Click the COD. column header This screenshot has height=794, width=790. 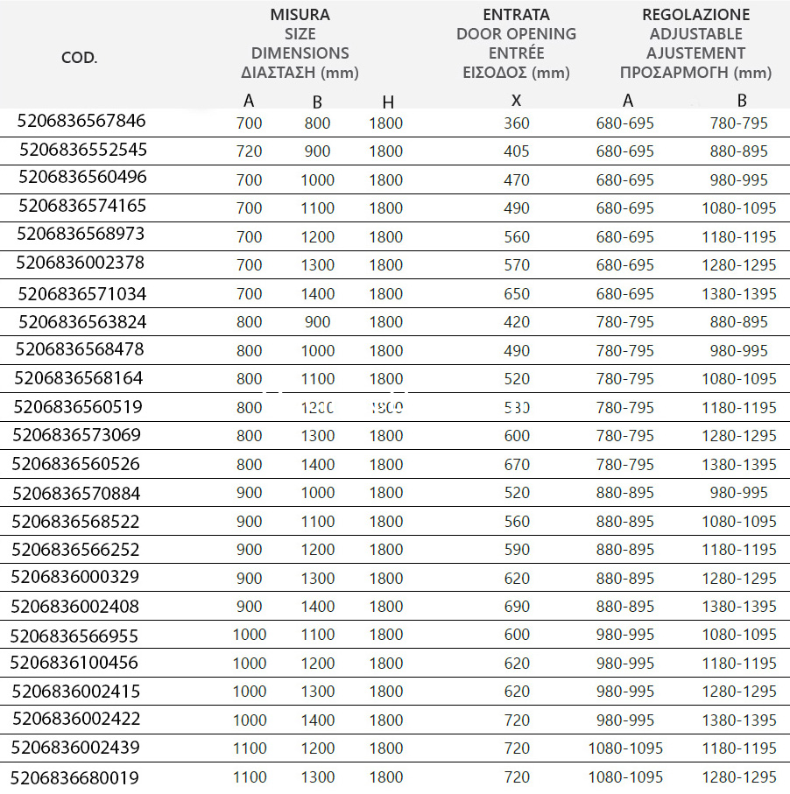pyautogui.click(x=79, y=59)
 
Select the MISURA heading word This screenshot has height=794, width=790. pyautogui.click(x=300, y=15)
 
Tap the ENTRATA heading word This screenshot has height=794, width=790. pyautogui.click(x=516, y=15)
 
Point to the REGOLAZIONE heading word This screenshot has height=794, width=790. pyautogui.click(x=695, y=15)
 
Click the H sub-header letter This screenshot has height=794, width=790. pyautogui.click(x=387, y=102)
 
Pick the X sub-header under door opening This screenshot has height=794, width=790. pyautogui.click(x=517, y=101)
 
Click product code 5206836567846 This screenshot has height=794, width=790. pyautogui.click(x=81, y=121)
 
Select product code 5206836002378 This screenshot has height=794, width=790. pyautogui.click(x=81, y=263)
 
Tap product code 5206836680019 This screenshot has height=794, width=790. pyautogui.click(x=75, y=776)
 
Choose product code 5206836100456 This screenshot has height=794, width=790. pyautogui.click(x=74, y=662)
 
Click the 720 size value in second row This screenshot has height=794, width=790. pyautogui.click(x=249, y=151)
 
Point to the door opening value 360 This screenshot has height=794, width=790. pyautogui.click(x=517, y=123)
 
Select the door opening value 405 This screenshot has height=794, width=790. pyautogui.click(x=517, y=151)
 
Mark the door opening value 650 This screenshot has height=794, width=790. pyautogui.click(x=517, y=294)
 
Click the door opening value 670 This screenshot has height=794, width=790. pyautogui.click(x=517, y=465)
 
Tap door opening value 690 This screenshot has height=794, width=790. pyautogui.click(x=517, y=607)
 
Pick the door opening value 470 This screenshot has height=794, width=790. pyautogui.click(x=517, y=180)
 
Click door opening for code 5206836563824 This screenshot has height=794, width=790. pyautogui.click(x=517, y=322)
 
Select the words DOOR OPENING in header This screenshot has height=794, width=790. pyautogui.click(x=516, y=34)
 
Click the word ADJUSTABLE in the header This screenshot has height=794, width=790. pyautogui.click(x=695, y=34)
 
